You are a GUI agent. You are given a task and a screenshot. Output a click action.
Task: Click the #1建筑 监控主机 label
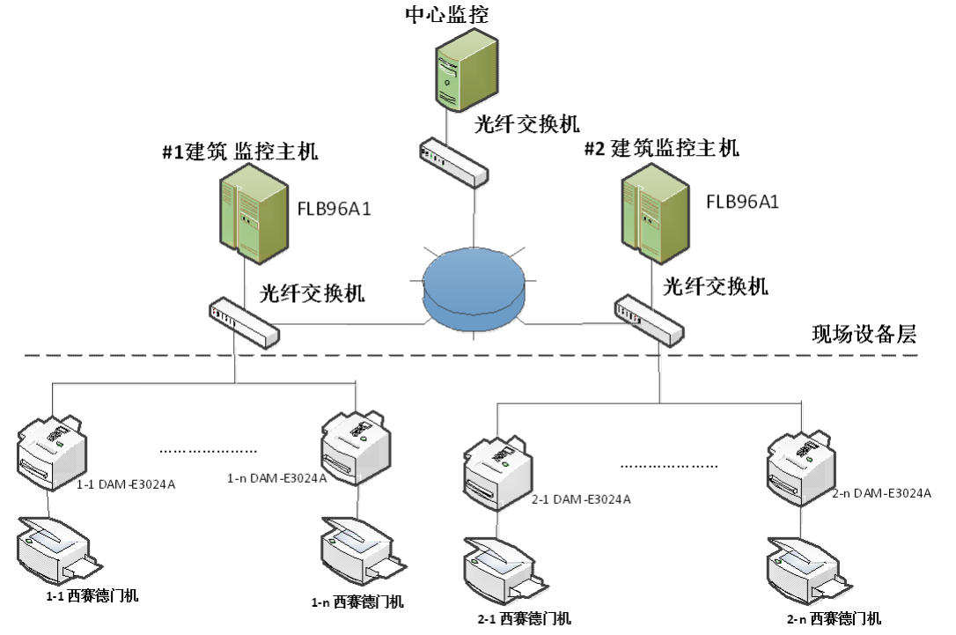point(239,151)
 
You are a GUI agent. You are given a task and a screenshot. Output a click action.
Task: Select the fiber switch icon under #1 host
point(244,322)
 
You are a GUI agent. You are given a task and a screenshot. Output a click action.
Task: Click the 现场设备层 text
point(864,335)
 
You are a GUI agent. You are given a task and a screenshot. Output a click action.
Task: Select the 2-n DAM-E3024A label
point(880,493)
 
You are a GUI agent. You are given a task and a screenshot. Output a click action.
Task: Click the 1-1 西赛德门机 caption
point(93,595)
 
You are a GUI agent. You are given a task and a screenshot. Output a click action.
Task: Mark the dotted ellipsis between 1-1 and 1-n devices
point(208,450)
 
